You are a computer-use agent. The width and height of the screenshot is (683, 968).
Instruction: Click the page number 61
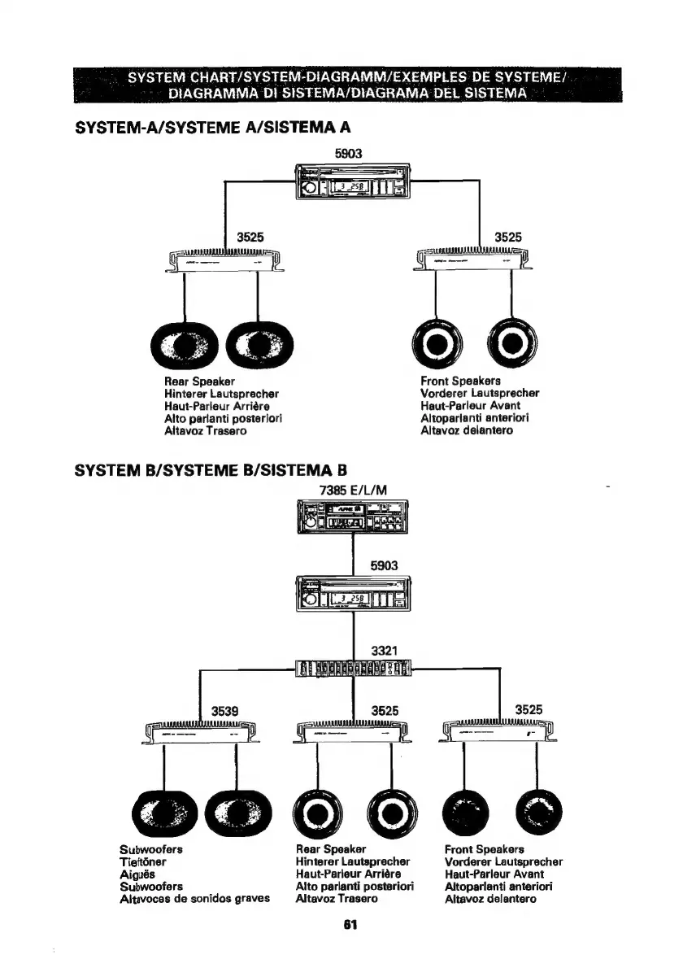pyautogui.click(x=350, y=925)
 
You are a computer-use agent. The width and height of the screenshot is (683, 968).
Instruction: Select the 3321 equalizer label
pyautogui.click(x=384, y=650)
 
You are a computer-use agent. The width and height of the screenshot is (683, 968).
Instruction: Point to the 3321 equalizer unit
pyautogui.click(x=354, y=668)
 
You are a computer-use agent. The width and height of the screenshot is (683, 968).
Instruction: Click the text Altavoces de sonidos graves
pyautogui.click(x=194, y=899)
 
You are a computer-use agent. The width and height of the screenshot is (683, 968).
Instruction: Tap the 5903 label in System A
pyautogui.click(x=347, y=152)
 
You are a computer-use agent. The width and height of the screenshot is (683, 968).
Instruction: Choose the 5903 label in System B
pyautogui.click(x=384, y=564)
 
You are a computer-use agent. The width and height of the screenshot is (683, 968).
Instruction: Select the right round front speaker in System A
pyautogui.click(x=511, y=342)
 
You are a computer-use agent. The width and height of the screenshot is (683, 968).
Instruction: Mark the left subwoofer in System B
pyautogui.click(x=163, y=814)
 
